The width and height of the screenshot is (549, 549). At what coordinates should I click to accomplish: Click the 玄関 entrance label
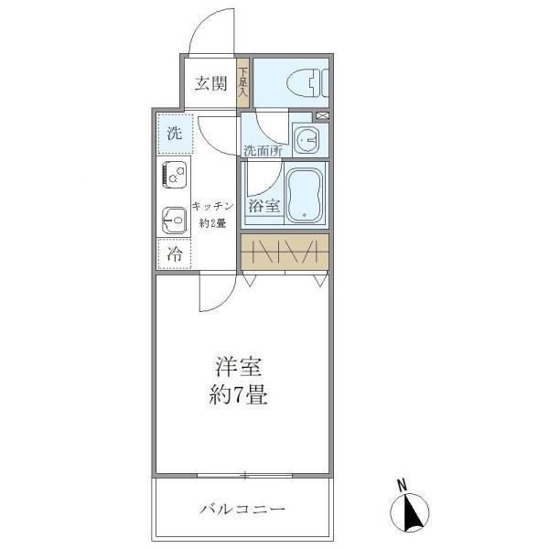coord(210,84)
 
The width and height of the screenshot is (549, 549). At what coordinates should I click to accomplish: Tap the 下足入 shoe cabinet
coord(243,81)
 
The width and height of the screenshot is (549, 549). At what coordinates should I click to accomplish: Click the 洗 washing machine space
coord(174,132)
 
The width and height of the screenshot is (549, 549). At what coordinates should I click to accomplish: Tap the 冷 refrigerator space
coord(173,254)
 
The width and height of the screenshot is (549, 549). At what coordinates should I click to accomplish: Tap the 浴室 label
coord(264,206)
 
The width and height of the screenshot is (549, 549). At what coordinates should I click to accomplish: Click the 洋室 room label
coord(240,370)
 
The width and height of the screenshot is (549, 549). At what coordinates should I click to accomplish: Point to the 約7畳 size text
coord(240,397)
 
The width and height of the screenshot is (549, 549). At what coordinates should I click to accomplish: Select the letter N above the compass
coord(402,486)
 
